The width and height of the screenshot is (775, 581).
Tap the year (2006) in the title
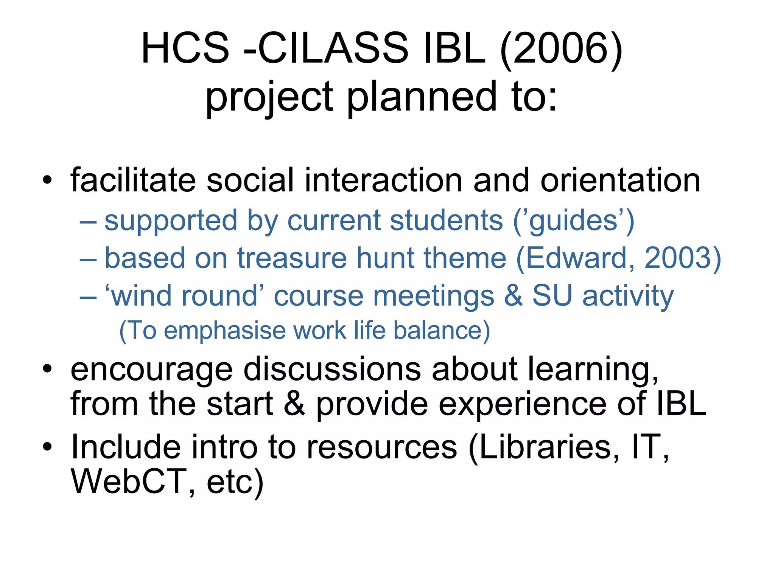coord(561,48)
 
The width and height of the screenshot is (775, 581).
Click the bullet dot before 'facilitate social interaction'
coord(47,180)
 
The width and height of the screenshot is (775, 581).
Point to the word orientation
coord(620,180)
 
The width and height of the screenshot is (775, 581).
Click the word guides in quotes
coord(573,221)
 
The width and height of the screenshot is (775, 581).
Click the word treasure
coord(291,258)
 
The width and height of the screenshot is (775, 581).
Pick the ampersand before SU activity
coord(513,296)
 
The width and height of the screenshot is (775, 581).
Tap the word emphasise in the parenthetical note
coord(225,331)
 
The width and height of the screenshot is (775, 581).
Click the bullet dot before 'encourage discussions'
coord(47,369)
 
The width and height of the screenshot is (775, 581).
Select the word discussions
coord(332,370)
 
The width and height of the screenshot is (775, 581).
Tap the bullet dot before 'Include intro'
coord(47,447)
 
